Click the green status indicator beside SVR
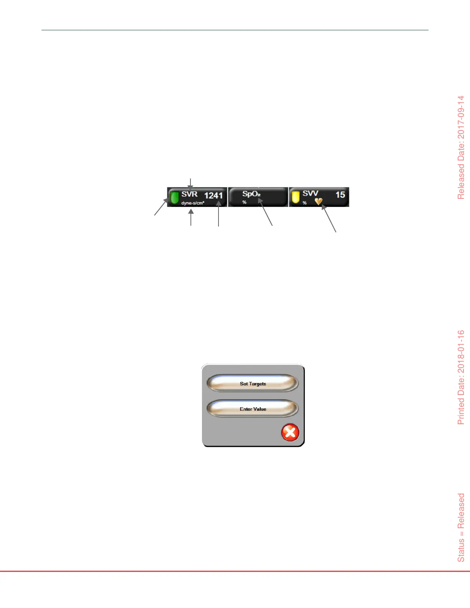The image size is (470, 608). (174, 197)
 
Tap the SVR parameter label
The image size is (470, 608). (189, 194)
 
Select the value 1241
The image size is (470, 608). (213, 196)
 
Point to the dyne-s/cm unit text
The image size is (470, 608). (193, 203)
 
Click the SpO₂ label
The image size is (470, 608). (252, 194)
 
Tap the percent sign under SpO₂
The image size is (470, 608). (244, 202)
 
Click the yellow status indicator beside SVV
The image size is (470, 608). (295, 197)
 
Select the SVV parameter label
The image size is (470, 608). (310, 193)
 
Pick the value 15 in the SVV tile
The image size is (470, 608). (340, 195)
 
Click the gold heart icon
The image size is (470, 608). (318, 201)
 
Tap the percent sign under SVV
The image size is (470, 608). (305, 203)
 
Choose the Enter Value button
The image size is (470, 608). (253, 409)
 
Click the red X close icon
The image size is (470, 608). (290, 433)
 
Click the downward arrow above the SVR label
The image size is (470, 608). (191, 183)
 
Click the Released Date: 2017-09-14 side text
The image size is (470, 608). (461, 147)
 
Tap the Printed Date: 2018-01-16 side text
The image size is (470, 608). (461, 377)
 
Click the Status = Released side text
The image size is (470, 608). (461, 527)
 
